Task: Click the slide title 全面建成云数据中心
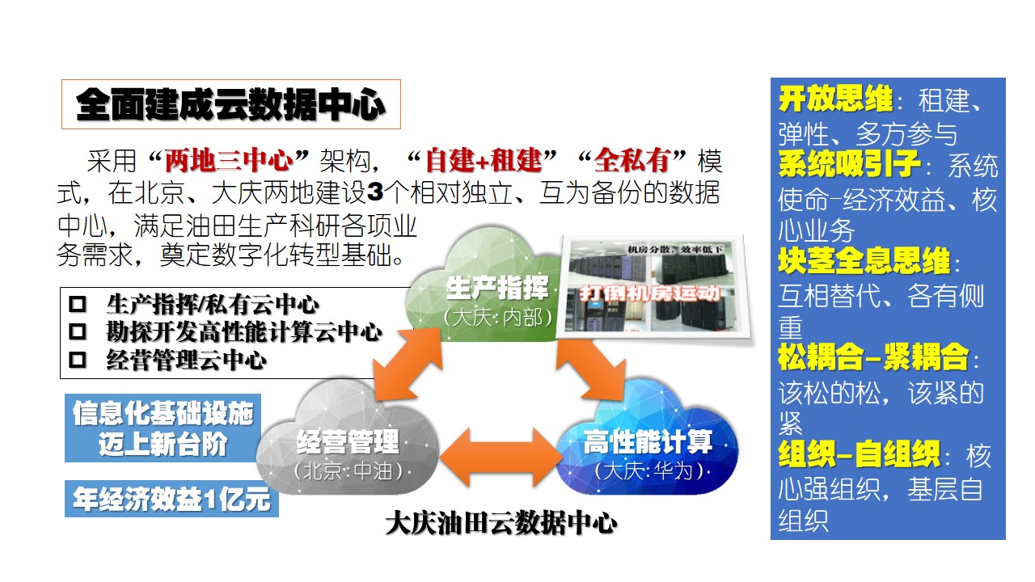[x=230, y=104]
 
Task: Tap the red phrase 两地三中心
[x=229, y=161]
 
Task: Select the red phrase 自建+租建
[x=484, y=161]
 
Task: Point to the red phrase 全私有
[x=632, y=161]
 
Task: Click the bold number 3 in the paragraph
[x=374, y=192]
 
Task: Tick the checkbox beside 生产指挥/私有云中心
[x=77, y=305]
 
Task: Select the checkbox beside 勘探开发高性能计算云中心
[x=77, y=331]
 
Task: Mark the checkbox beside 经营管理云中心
[x=77, y=360]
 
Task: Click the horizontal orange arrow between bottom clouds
[x=501, y=458]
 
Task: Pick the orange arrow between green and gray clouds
[x=408, y=364]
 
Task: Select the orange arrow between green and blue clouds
[x=590, y=367]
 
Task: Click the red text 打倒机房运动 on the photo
[x=650, y=293]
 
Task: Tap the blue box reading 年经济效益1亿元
[x=171, y=499]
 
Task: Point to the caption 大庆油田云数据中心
[x=501, y=523]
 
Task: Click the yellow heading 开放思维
[x=836, y=99]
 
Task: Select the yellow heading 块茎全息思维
[x=864, y=261]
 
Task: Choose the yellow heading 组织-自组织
[x=860, y=454]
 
